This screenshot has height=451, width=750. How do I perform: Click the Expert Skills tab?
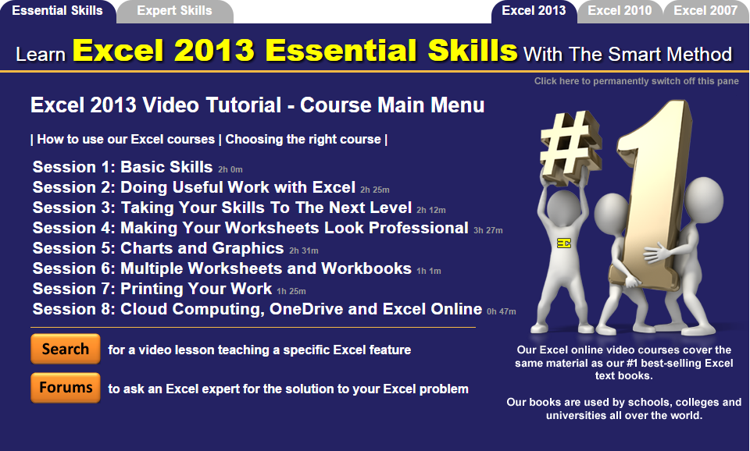tap(174, 12)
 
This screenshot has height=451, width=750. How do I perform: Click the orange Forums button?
tap(66, 388)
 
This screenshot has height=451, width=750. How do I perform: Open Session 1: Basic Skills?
tap(123, 167)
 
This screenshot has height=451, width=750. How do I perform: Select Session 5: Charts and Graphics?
tap(159, 248)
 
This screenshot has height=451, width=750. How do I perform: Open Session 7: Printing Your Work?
tap(152, 289)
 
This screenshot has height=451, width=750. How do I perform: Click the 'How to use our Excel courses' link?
tap(126, 139)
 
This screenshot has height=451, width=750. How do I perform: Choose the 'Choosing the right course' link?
tap(303, 139)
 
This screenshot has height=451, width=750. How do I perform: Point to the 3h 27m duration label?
tap(487, 230)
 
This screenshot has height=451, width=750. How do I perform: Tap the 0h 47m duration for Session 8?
tap(502, 311)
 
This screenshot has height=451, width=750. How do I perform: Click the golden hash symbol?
tap(570, 142)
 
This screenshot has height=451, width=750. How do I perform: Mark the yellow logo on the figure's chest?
tap(564, 243)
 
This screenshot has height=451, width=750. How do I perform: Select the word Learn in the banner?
tap(41, 55)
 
